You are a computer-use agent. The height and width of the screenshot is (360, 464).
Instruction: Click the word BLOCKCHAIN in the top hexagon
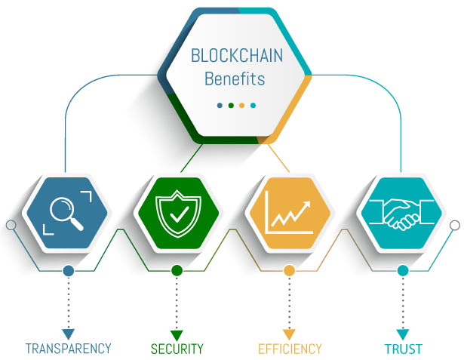pyautogui.click(x=237, y=55)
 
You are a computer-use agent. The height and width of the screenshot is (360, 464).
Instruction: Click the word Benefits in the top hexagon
pyautogui.click(x=235, y=78)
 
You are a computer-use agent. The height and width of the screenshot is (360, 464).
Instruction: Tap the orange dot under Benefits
pyautogui.click(x=241, y=106)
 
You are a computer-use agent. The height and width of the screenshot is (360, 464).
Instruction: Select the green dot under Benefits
pyautogui.click(x=231, y=106)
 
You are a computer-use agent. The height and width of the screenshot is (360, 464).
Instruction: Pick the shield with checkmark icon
pyautogui.click(x=178, y=213)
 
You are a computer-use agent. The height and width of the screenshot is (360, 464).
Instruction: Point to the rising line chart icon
pyautogui.click(x=289, y=213)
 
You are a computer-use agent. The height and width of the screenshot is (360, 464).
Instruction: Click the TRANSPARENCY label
pyautogui.click(x=69, y=349)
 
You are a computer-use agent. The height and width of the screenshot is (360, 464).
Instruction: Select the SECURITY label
pyautogui.click(x=177, y=349)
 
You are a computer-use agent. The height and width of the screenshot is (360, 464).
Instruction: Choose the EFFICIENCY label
pyautogui.click(x=290, y=349)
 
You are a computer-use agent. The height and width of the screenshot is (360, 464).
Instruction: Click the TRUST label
pyautogui.click(x=404, y=349)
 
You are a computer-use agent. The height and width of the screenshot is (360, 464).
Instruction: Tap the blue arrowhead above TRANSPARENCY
pyautogui.click(x=69, y=334)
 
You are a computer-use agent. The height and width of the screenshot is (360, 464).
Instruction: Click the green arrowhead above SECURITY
pyautogui.click(x=177, y=335)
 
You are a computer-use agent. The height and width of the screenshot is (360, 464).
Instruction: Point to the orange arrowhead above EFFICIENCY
pyautogui.click(x=289, y=334)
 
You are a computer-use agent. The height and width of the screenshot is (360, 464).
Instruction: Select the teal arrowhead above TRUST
pyautogui.click(x=403, y=334)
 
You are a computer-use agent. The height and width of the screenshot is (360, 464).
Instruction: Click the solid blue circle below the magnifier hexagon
pyautogui.click(x=69, y=271)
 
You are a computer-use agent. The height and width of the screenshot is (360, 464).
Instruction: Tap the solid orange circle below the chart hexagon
pyautogui.click(x=289, y=270)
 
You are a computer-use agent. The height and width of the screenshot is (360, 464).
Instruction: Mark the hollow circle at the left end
pyautogui.click(x=11, y=226)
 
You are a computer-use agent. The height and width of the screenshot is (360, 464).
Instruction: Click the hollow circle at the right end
pyautogui.click(x=455, y=226)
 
